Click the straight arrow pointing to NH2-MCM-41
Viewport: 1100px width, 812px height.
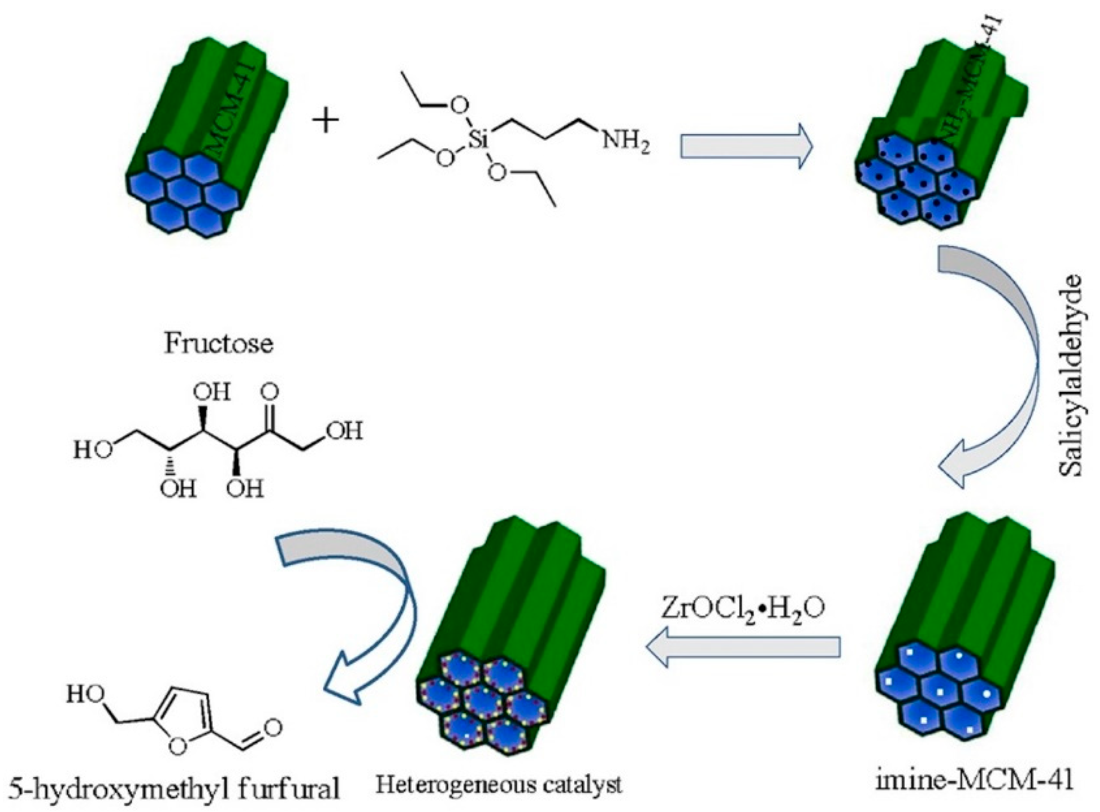point(746,146)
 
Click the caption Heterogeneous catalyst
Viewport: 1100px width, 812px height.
point(499,784)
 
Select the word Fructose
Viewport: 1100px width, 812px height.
point(219,343)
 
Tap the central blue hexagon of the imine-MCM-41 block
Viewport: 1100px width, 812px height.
point(940,692)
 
